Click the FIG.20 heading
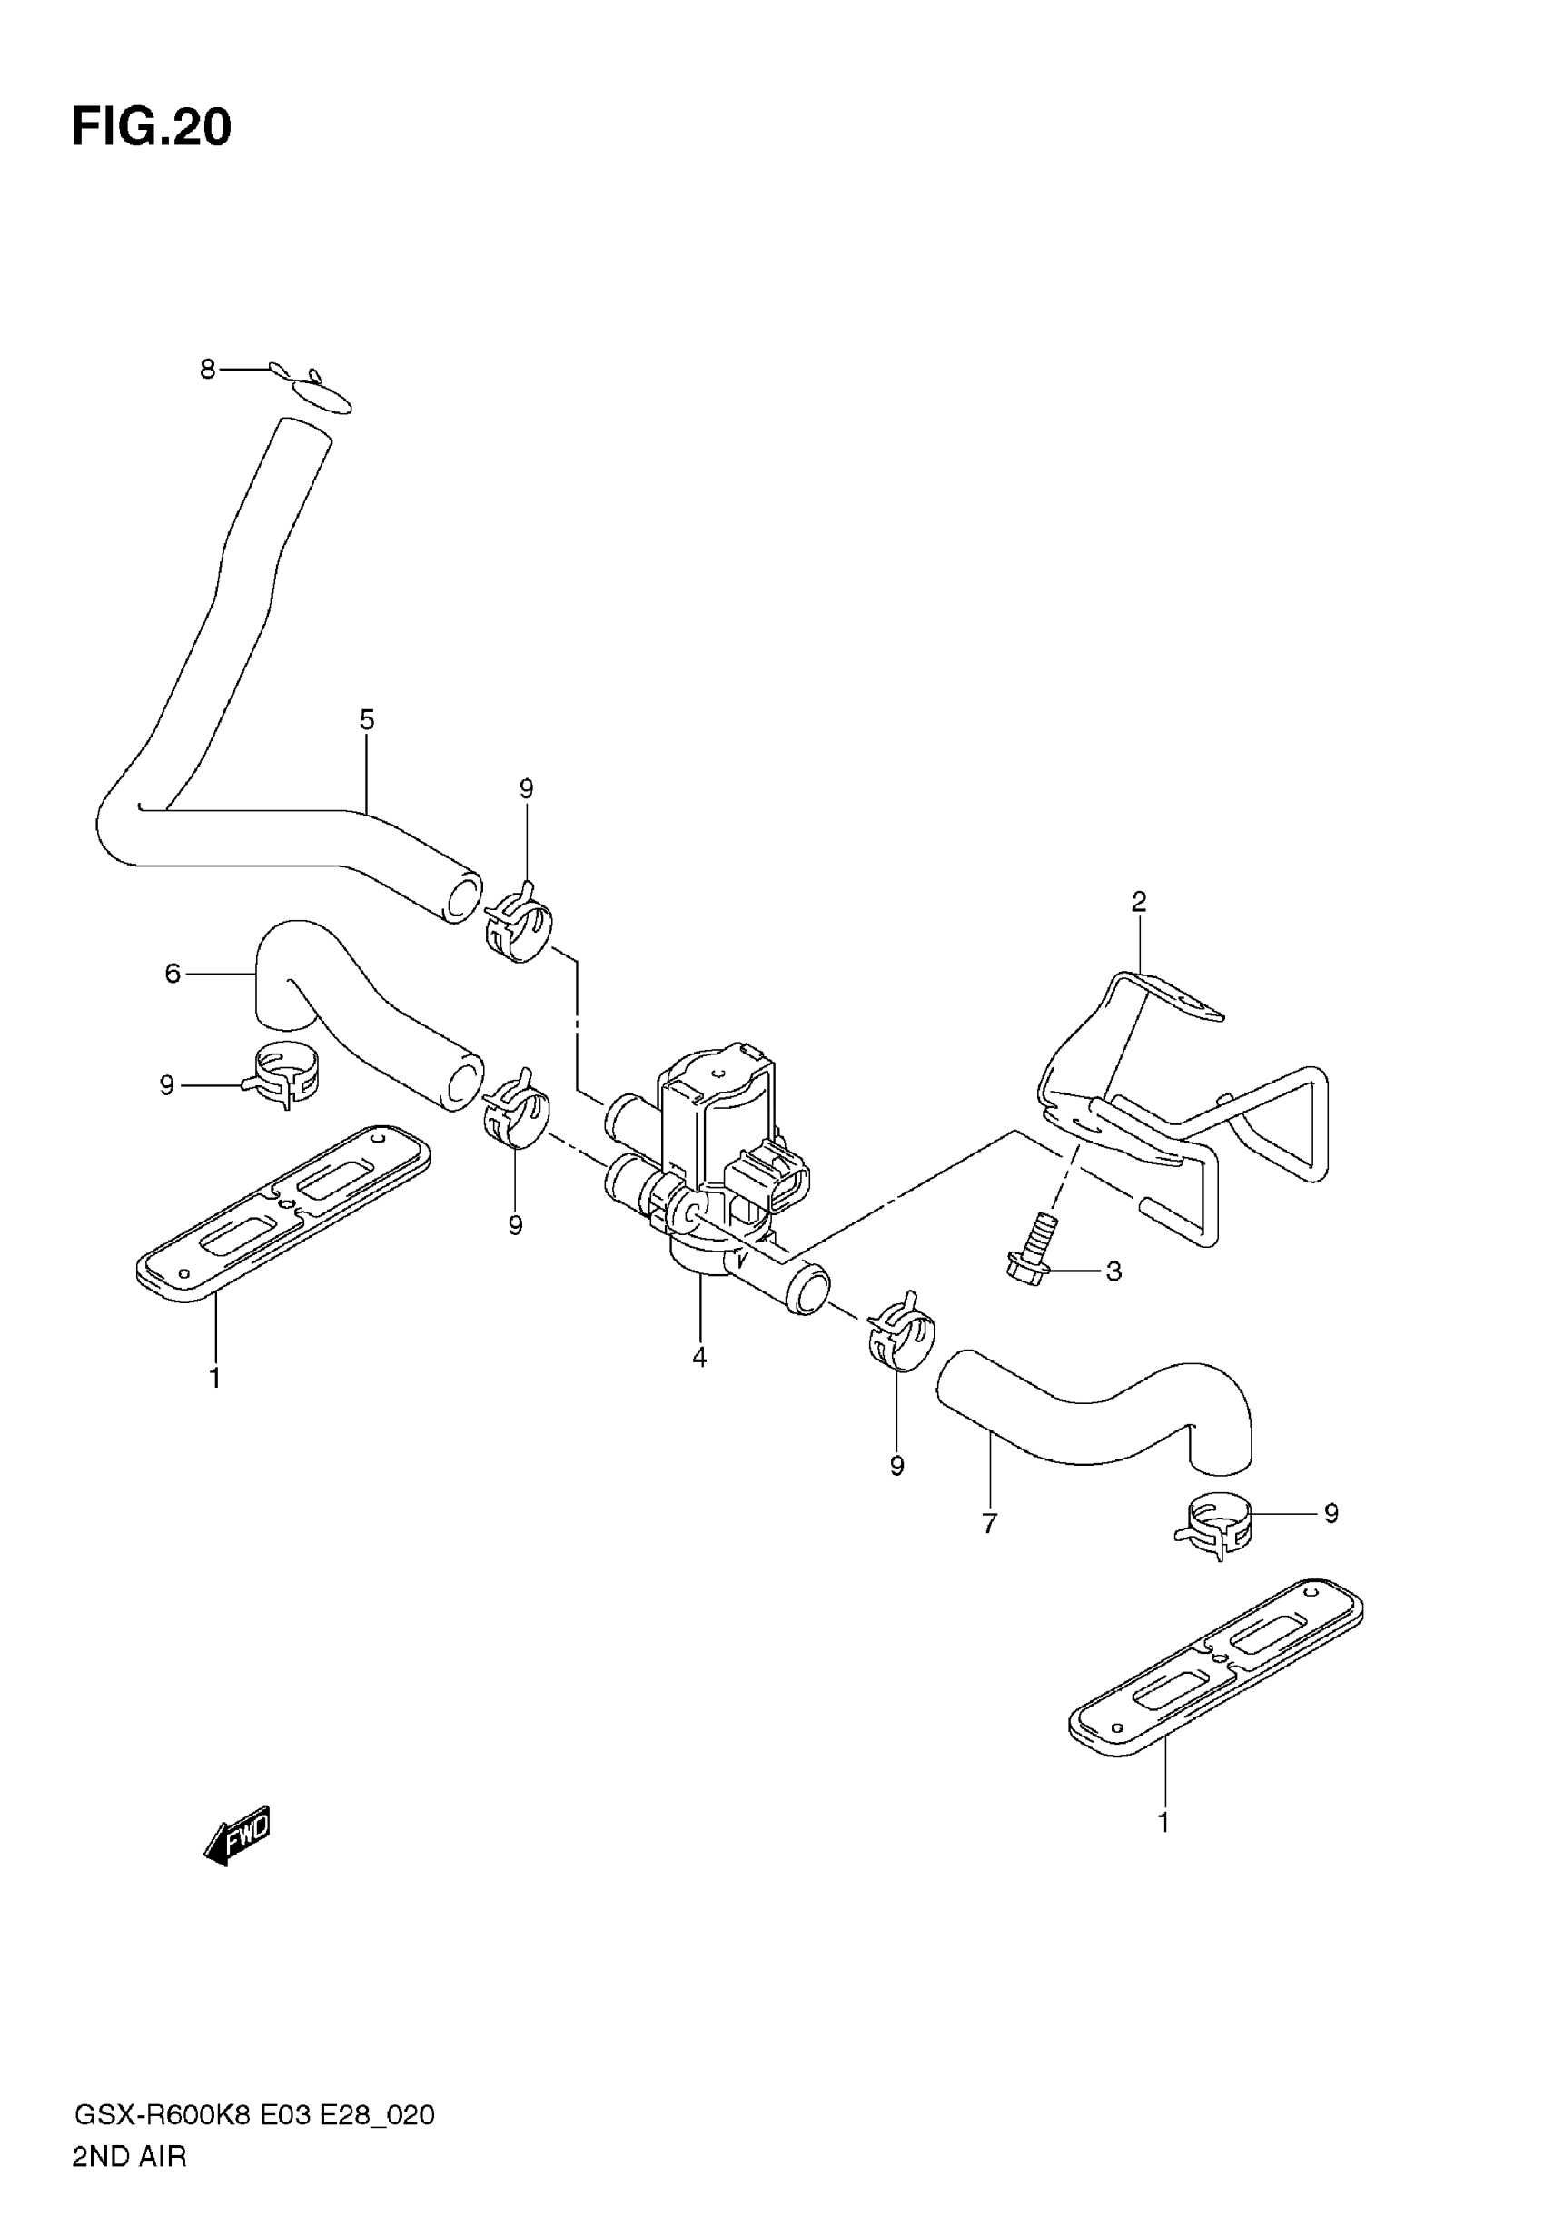(x=152, y=126)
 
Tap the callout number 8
(x=207, y=369)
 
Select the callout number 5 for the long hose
(x=367, y=719)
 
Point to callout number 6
(x=173, y=973)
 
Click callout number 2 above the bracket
(x=1139, y=901)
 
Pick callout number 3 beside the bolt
(x=1113, y=1271)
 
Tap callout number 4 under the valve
(x=699, y=1357)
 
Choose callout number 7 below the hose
(x=989, y=1524)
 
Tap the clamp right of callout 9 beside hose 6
(x=285, y=1074)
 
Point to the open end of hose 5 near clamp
(x=461, y=896)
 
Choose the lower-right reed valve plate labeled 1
(x=1216, y=1665)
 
